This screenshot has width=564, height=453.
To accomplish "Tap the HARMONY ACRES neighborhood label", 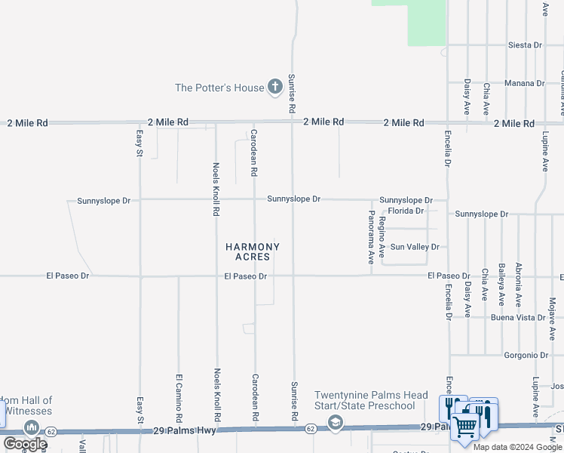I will [253, 251].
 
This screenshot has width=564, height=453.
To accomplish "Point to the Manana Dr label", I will [525, 83].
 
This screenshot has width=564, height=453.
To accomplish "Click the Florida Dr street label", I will [406, 211].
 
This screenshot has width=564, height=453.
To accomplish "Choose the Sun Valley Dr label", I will [415, 247].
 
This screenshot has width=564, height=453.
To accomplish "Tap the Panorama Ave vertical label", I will [370, 236].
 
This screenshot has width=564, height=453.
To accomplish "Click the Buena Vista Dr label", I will [518, 318].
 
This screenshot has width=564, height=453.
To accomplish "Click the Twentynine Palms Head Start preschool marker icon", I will [336, 424].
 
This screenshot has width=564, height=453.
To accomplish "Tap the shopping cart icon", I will [465, 427].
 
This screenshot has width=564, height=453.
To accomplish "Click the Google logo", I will [24, 444].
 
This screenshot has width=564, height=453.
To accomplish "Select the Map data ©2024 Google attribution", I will [517, 447].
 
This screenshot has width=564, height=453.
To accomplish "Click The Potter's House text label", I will [219, 88].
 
